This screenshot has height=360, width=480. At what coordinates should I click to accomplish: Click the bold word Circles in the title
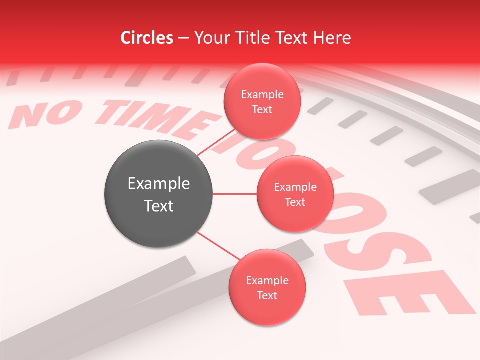(147, 38)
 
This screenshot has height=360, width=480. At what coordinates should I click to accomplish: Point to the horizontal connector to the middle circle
(235, 194)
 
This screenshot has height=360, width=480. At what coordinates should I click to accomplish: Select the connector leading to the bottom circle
(218, 246)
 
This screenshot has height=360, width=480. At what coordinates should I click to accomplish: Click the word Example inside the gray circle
(159, 184)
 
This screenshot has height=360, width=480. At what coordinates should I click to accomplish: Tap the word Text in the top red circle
(262, 110)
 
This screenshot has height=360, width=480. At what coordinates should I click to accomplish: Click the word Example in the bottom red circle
(267, 281)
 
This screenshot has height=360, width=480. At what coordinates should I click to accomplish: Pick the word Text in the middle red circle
(295, 202)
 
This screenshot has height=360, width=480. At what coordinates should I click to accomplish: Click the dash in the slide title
(183, 38)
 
